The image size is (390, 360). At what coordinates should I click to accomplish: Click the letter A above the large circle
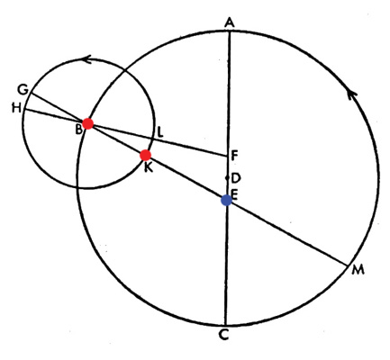pyautogui.click(x=230, y=23)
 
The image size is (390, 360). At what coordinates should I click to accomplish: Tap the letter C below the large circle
pyautogui.click(x=224, y=335)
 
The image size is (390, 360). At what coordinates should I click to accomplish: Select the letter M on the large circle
pyautogui.click(x=358, y=270)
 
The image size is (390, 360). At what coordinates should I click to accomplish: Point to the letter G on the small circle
pyautogui.click(x=23, y=89)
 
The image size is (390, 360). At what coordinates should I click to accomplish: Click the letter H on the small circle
pyautogui.click(x=16, y=108)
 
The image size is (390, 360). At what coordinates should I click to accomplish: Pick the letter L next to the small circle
pyautogui.click(x=160, y=132)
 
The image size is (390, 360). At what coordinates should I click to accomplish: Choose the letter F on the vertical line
pyautogui.click(x=234, y=156)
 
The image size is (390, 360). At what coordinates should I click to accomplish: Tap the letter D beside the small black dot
pyautogui.click(x=236, y=178)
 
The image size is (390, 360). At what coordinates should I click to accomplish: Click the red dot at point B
pyautogui.click(x=88, y=123)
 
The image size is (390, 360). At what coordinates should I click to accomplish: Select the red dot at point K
pyautogui.click(x=146, y=155)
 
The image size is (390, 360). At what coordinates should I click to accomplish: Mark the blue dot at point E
pyautogui.click(x=226, y=200)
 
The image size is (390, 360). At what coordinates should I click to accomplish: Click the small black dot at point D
pyautogui.click(x=227, y=178)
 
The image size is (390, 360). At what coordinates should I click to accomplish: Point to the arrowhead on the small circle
pyautogui.click(x=86, y=59)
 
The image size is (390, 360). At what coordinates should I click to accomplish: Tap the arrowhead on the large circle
pyautogui.click(x=352, y=95)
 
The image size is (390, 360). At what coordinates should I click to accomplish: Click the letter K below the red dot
pyautogui.click(x=148, y=167)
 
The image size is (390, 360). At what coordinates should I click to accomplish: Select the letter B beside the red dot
pyautogui.click(x=78, y=130)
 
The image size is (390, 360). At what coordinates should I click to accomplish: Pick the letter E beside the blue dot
pyautogui.click(x=234, y=195)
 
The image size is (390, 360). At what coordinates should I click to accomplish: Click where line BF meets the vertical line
pyautogui.click(x=228, y=156)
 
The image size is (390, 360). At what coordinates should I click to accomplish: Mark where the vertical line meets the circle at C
pyautogui.click(x=225, y=325)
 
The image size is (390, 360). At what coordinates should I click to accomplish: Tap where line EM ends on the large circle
pyautogui.click(x=347, y=265)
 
